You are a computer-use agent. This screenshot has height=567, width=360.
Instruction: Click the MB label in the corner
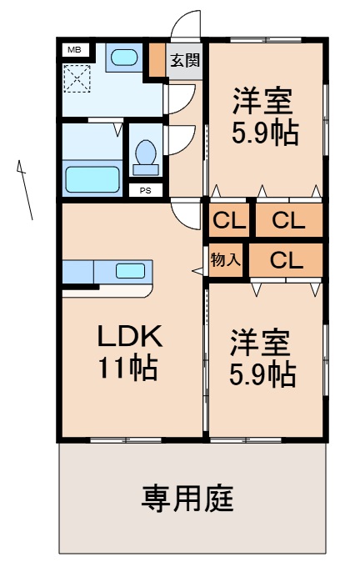73,49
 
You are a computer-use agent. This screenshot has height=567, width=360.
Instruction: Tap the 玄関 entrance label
185,59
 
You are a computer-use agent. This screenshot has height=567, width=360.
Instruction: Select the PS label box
145,190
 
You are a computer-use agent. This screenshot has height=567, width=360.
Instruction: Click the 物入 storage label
225,259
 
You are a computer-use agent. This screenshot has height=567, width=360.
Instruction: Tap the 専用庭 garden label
187,499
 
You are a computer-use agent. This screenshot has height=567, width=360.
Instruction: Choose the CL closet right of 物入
286,260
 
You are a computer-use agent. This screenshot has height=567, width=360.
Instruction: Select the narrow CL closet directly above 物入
227,222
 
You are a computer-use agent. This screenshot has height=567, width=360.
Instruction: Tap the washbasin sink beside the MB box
125,58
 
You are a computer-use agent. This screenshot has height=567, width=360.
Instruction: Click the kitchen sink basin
129,270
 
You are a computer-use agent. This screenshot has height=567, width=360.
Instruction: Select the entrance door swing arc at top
188,25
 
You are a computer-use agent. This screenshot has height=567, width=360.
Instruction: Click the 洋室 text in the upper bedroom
262,103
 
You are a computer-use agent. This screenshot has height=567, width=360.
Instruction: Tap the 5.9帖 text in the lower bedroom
262,374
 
